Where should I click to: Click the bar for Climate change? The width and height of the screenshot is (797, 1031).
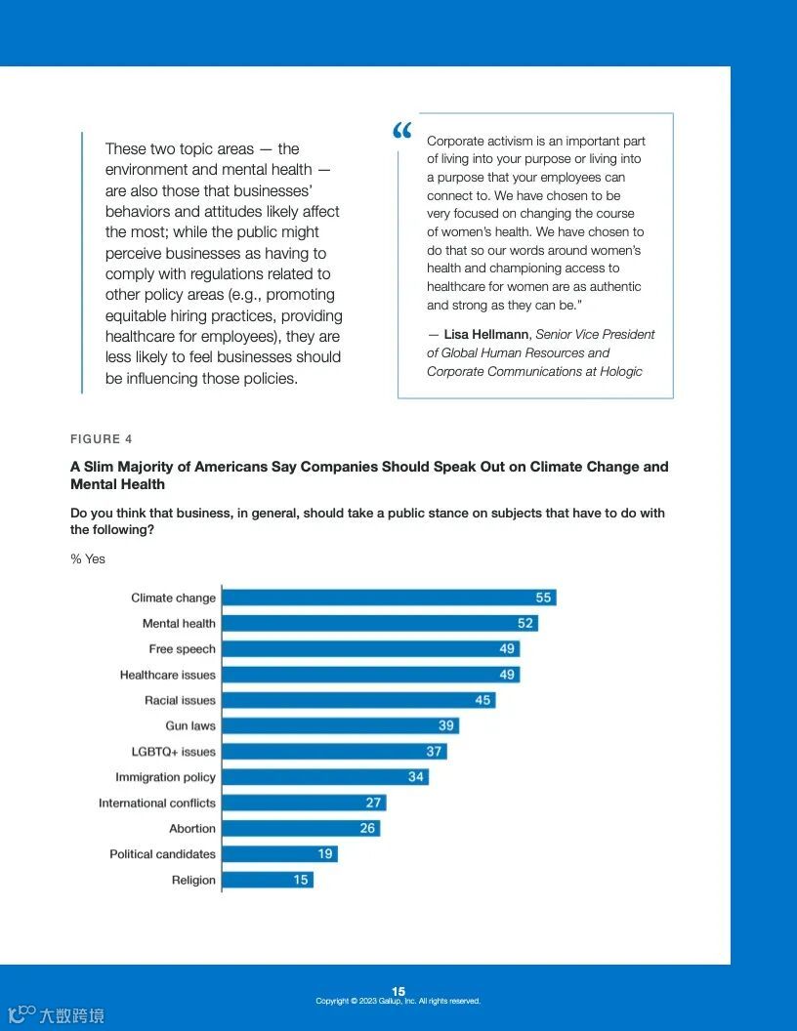(x=389, y=598)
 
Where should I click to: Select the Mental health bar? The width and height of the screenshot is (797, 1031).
(x=379, y=623)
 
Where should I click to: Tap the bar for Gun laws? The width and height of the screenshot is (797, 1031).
(x=340, y=725)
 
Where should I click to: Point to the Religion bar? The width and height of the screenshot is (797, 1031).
(x=267, y=880)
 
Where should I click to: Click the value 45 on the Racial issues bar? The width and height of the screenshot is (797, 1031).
(x=482, y=700)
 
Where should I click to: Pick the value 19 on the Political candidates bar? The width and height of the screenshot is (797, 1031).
(x=325, y=854)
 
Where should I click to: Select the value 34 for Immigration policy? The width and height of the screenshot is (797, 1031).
(x=416, y=777)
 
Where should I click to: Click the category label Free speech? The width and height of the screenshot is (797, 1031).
(x=183, y=649)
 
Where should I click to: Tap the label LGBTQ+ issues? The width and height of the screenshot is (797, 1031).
(x=174, y=752)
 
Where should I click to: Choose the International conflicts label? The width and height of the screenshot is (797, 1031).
(x=157, y=803)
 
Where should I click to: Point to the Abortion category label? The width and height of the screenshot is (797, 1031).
(x=192, y=829)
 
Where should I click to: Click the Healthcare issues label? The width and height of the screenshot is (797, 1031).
(x=168, y=675)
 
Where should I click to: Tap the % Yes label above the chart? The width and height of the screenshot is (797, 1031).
(x=88, y=559)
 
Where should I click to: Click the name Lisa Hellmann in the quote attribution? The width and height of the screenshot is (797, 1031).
(x=485, y=334)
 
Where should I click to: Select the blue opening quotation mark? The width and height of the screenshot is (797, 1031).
(x=402, y=131)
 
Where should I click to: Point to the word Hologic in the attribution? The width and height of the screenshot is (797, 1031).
(x=618, y=371)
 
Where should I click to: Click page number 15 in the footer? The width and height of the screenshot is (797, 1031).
(x=398, y=991)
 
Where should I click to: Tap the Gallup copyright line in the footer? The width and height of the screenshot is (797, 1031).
(x=398, y=1002)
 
